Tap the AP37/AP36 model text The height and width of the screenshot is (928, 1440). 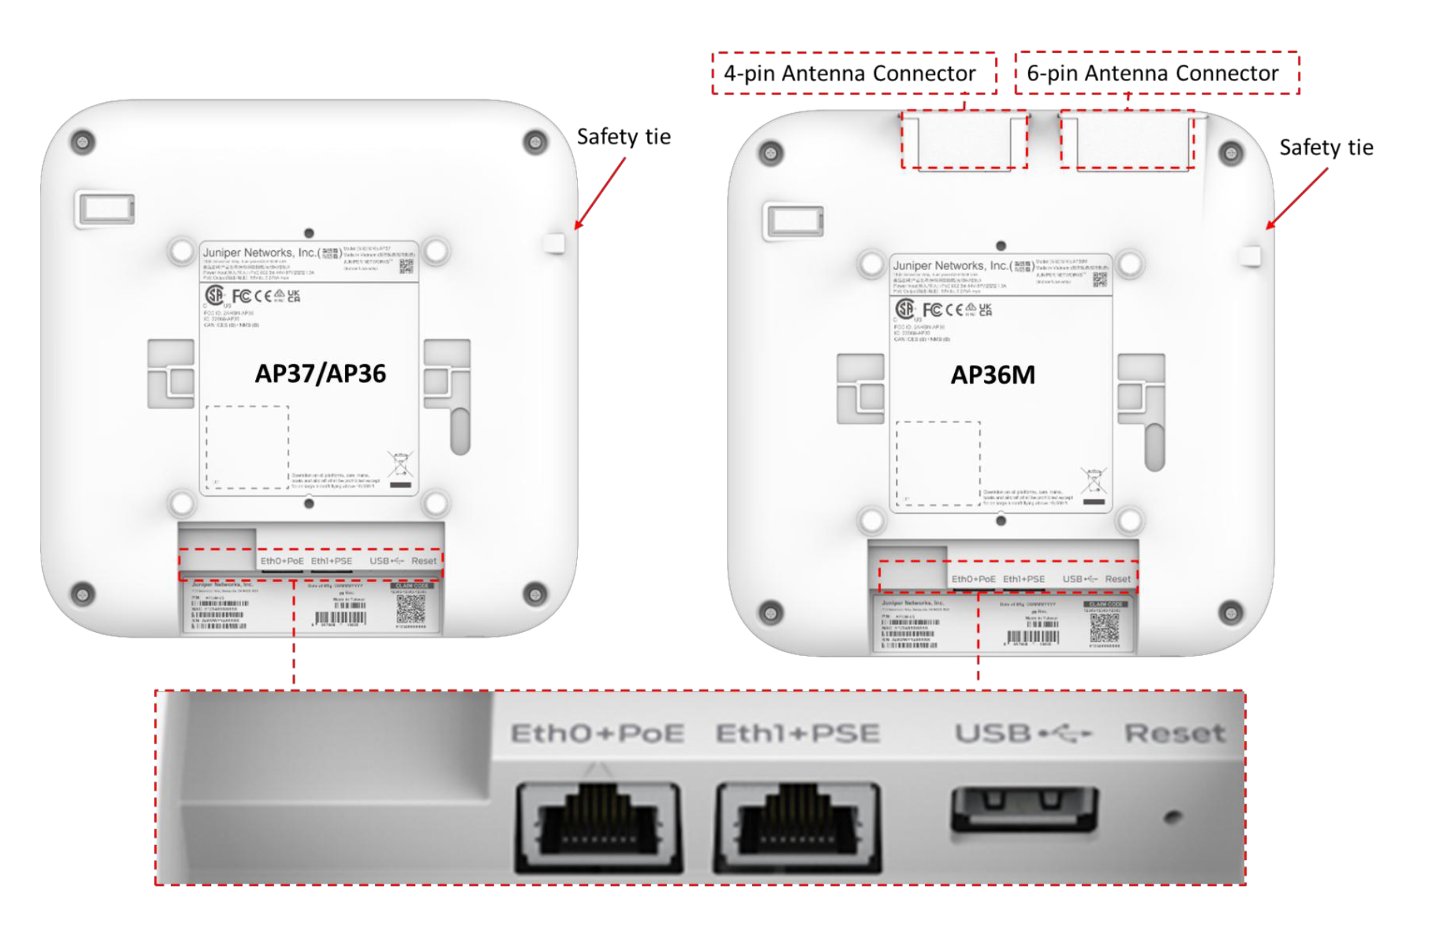[320, 374]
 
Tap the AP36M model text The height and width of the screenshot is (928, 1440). [992, 375]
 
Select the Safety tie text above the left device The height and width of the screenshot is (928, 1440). [623, 137]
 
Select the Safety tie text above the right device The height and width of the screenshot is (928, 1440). [1326, 148]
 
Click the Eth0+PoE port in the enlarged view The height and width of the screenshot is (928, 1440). [598, 827]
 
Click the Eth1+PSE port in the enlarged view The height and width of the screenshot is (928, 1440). [798, 827]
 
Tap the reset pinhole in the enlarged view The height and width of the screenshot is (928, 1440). [1173, 816]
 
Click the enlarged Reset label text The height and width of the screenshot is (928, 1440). [1175, 733]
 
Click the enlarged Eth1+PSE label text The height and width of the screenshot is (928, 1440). [798, 733]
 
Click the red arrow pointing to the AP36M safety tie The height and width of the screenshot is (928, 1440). [1296, 199]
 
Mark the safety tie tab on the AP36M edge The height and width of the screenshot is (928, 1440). [1251, 256]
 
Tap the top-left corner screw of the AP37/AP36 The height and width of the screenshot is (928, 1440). [83, 142]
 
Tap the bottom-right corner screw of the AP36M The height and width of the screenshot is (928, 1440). [1230, 613]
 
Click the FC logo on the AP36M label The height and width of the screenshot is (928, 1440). [932, 310]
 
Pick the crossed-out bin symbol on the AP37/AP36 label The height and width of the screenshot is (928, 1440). [400, 465]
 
